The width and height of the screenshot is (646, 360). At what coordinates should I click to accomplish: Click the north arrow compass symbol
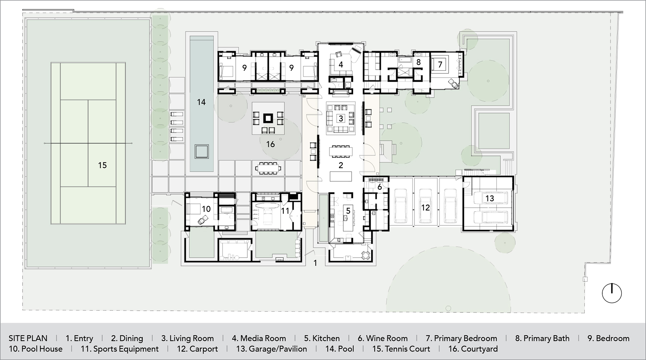pos(612,293)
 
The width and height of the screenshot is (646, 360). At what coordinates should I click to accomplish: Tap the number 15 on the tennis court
pos(102,165)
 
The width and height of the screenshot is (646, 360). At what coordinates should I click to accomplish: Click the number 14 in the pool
pos(201,102)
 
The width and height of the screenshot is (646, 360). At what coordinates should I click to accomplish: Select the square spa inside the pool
pos(202,151)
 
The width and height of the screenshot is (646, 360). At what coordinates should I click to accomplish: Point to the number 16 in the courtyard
pos(270,144)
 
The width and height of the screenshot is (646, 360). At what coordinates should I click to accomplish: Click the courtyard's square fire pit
pos(268,118)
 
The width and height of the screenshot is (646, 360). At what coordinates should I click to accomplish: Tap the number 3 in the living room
pos(341,118)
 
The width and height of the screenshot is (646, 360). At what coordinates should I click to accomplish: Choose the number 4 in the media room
pos(341,65)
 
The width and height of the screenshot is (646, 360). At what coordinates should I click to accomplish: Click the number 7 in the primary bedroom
pos(440,65)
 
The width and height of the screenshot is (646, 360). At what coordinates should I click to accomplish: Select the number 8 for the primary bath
pos(418,62)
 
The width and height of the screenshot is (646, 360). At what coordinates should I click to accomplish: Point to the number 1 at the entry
pos(315,263)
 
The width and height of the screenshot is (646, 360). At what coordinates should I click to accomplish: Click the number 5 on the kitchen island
pos(348,211)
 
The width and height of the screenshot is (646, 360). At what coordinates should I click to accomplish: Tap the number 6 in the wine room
pos(380,187)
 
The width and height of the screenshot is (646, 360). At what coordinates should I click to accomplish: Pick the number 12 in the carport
pos(425,208)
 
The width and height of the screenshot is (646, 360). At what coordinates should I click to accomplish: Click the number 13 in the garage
pos(489,198)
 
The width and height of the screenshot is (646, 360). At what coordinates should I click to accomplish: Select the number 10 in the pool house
pos(206,209)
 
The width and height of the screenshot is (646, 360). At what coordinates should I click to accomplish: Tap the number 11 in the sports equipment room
pos(285,211)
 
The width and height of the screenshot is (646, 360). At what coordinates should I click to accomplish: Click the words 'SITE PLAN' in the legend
pos(28,338)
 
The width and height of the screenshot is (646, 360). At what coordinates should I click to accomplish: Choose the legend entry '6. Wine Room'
pos(383,338)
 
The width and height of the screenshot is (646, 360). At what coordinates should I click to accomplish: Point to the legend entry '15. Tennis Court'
pos(401,349)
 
